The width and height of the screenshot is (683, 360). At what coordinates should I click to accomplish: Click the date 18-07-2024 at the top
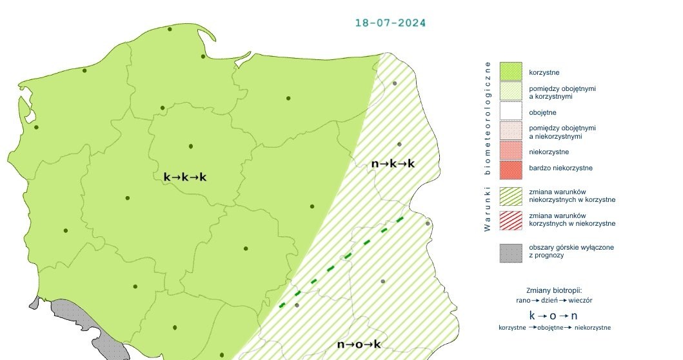pos(390,23)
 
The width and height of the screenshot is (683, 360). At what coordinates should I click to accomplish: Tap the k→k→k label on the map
pos(185,176)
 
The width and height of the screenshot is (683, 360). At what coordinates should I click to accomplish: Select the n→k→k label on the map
pos(393,163)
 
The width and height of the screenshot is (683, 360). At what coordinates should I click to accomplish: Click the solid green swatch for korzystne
pos(510,72)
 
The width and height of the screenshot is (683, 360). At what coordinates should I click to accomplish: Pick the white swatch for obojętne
pos(510,112)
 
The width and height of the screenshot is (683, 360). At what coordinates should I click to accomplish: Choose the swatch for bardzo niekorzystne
pos(510,168)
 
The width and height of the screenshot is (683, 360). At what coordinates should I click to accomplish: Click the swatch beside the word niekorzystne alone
pos(510,152)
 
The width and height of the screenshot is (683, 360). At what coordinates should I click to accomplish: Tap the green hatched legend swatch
pos(510,195)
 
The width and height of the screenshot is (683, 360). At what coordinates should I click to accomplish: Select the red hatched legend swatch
pos(510,219)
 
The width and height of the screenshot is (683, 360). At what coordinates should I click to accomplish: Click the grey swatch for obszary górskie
pos(510,252)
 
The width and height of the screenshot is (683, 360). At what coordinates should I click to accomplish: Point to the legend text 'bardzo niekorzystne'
pos(560,168)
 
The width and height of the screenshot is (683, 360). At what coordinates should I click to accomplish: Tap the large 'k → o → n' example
pos(553,316)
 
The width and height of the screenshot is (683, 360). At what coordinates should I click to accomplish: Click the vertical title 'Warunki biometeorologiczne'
pos(488,146)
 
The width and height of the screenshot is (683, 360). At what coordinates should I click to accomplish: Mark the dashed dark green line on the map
pos(342,261)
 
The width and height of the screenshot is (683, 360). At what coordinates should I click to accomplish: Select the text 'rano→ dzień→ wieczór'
pos(555,300)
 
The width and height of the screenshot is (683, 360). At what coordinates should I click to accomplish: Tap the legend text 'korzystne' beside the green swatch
pos(546,72)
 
